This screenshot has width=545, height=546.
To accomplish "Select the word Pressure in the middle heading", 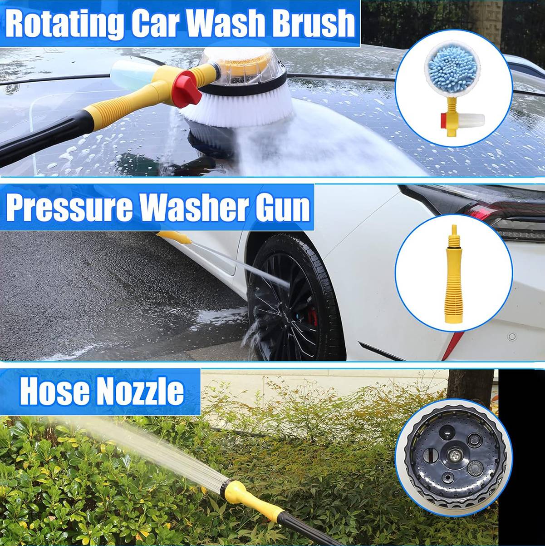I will pos(69,208).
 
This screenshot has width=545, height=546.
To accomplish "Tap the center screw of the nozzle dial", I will pos(454,455).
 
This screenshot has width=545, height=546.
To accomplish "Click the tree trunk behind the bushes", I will pos(470,386).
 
